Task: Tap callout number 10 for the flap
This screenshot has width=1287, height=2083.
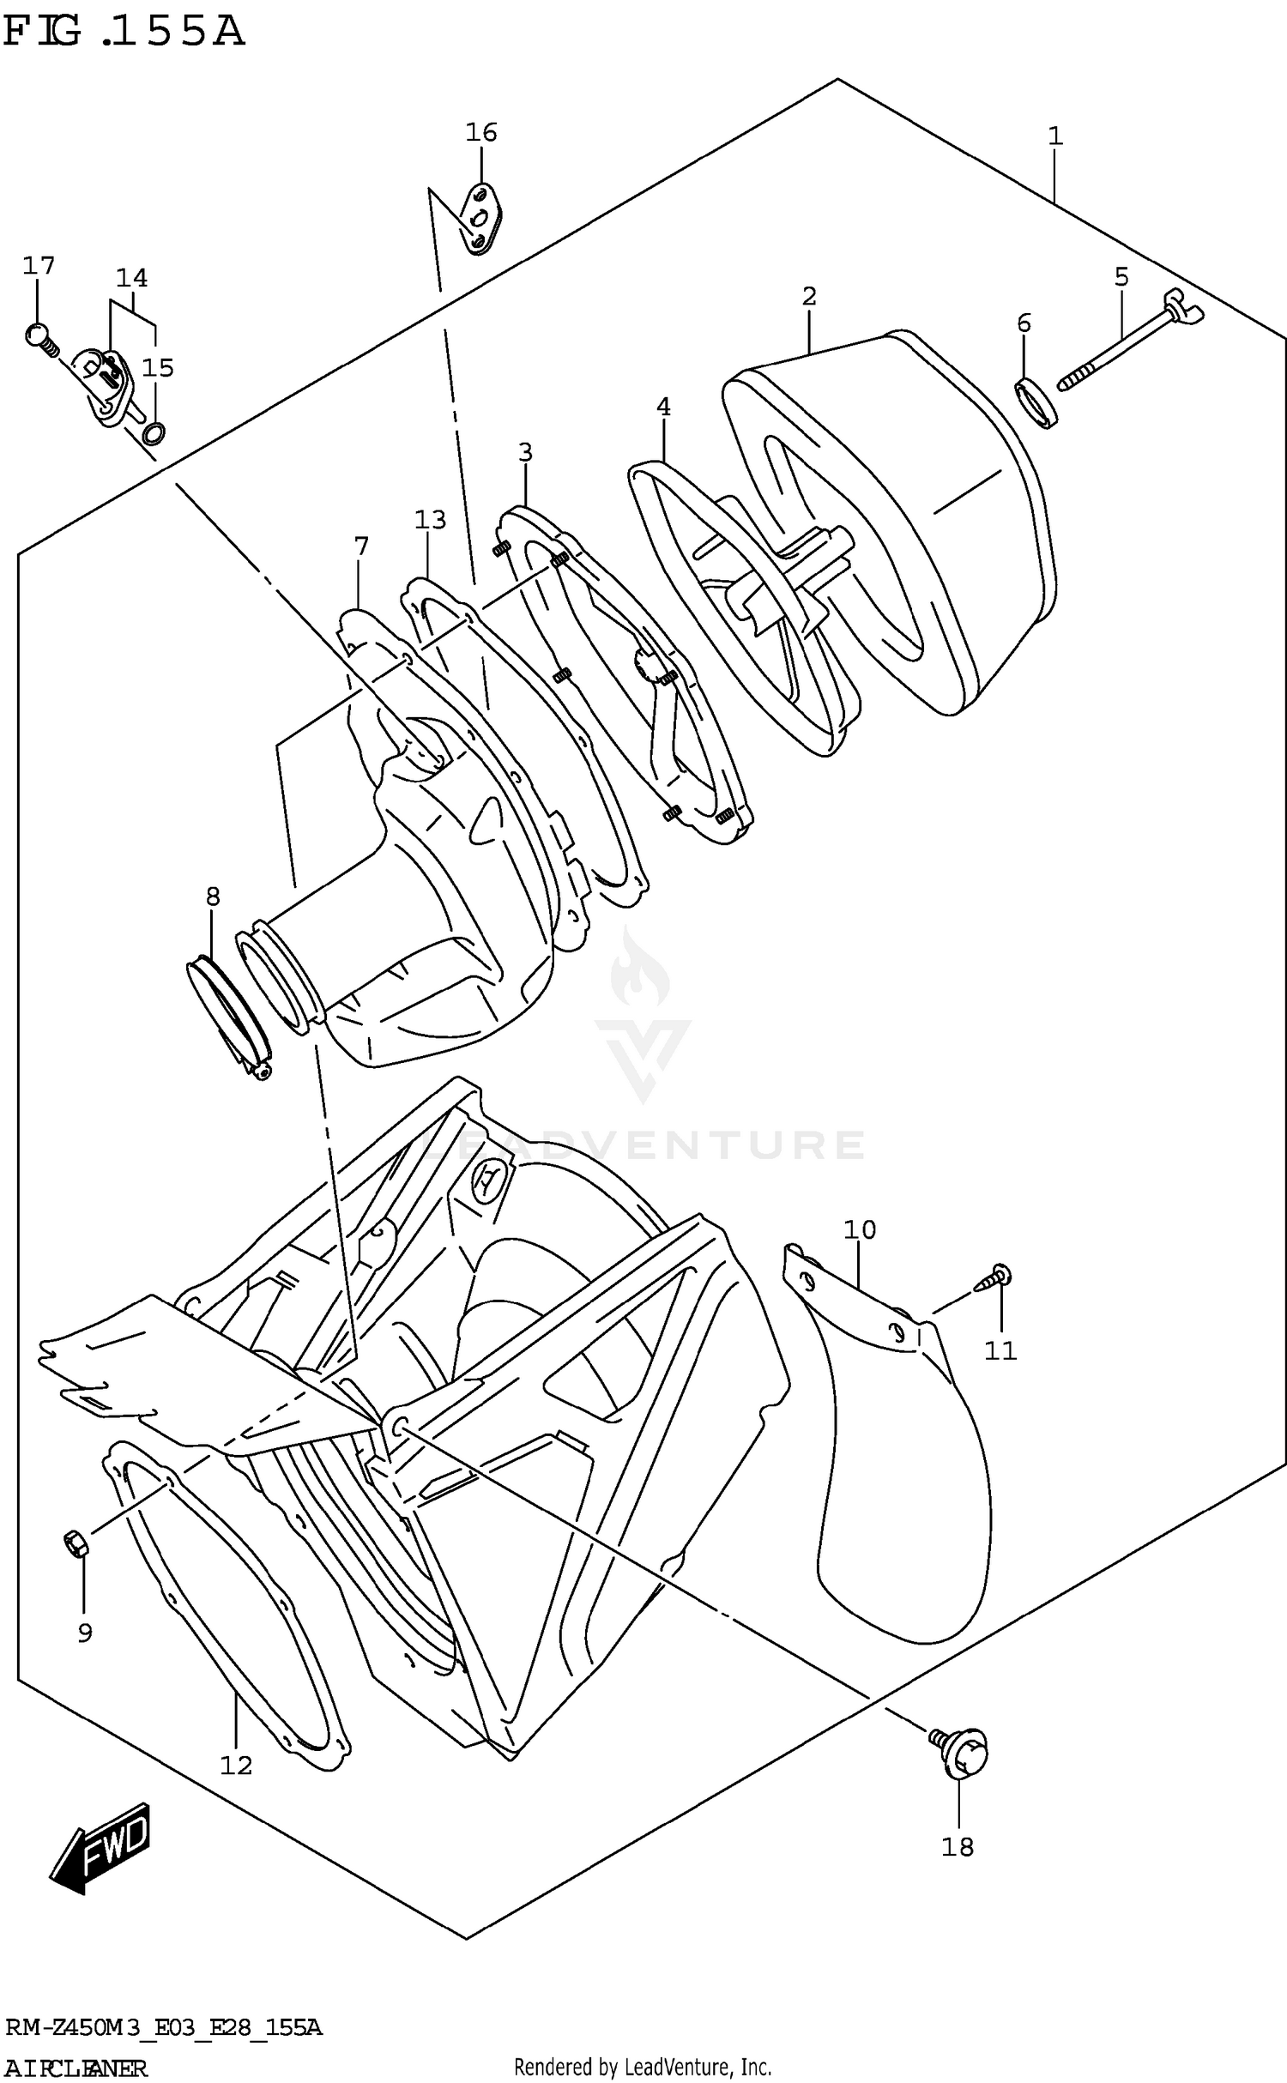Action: coord(860,1229)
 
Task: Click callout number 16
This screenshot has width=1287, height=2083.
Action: coord(481,132)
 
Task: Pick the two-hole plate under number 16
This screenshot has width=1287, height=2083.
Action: coord(482,220)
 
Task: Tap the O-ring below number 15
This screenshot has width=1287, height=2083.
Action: coord(154,434)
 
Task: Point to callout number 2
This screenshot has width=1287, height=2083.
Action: coord(809,296)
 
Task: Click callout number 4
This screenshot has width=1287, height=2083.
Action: coord(663,407)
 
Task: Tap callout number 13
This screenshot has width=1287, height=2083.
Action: coord(431,519)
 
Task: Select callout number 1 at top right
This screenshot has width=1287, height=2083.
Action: coord(1055,136)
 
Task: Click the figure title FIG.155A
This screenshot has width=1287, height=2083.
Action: coord(124,33)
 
